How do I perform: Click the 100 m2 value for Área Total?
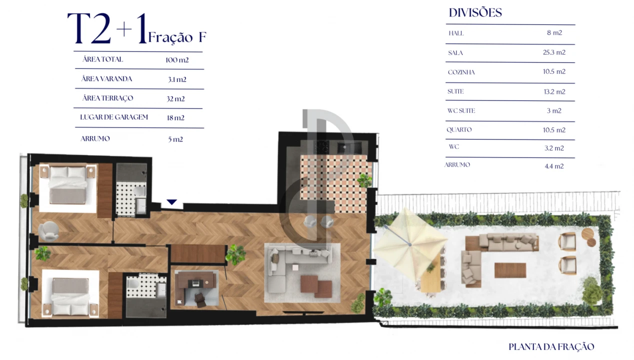tap(177, 60)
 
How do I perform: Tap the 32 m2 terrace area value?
tap(175, 99)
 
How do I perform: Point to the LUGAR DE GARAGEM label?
tap(114, 117)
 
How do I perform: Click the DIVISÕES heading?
tap(475, 13)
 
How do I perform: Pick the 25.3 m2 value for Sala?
tap(554, 52)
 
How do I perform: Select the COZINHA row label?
tap(461, 72)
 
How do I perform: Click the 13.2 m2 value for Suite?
tap(554, 91)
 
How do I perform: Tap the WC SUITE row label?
tap(461, 110)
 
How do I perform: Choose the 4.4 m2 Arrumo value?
tap(554, 166)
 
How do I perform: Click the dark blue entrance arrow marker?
tap(172, 202)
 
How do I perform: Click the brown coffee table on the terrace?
tap(510, 270)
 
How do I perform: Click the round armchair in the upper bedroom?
tap(48, 230)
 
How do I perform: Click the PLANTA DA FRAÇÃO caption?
tap(551, 346)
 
